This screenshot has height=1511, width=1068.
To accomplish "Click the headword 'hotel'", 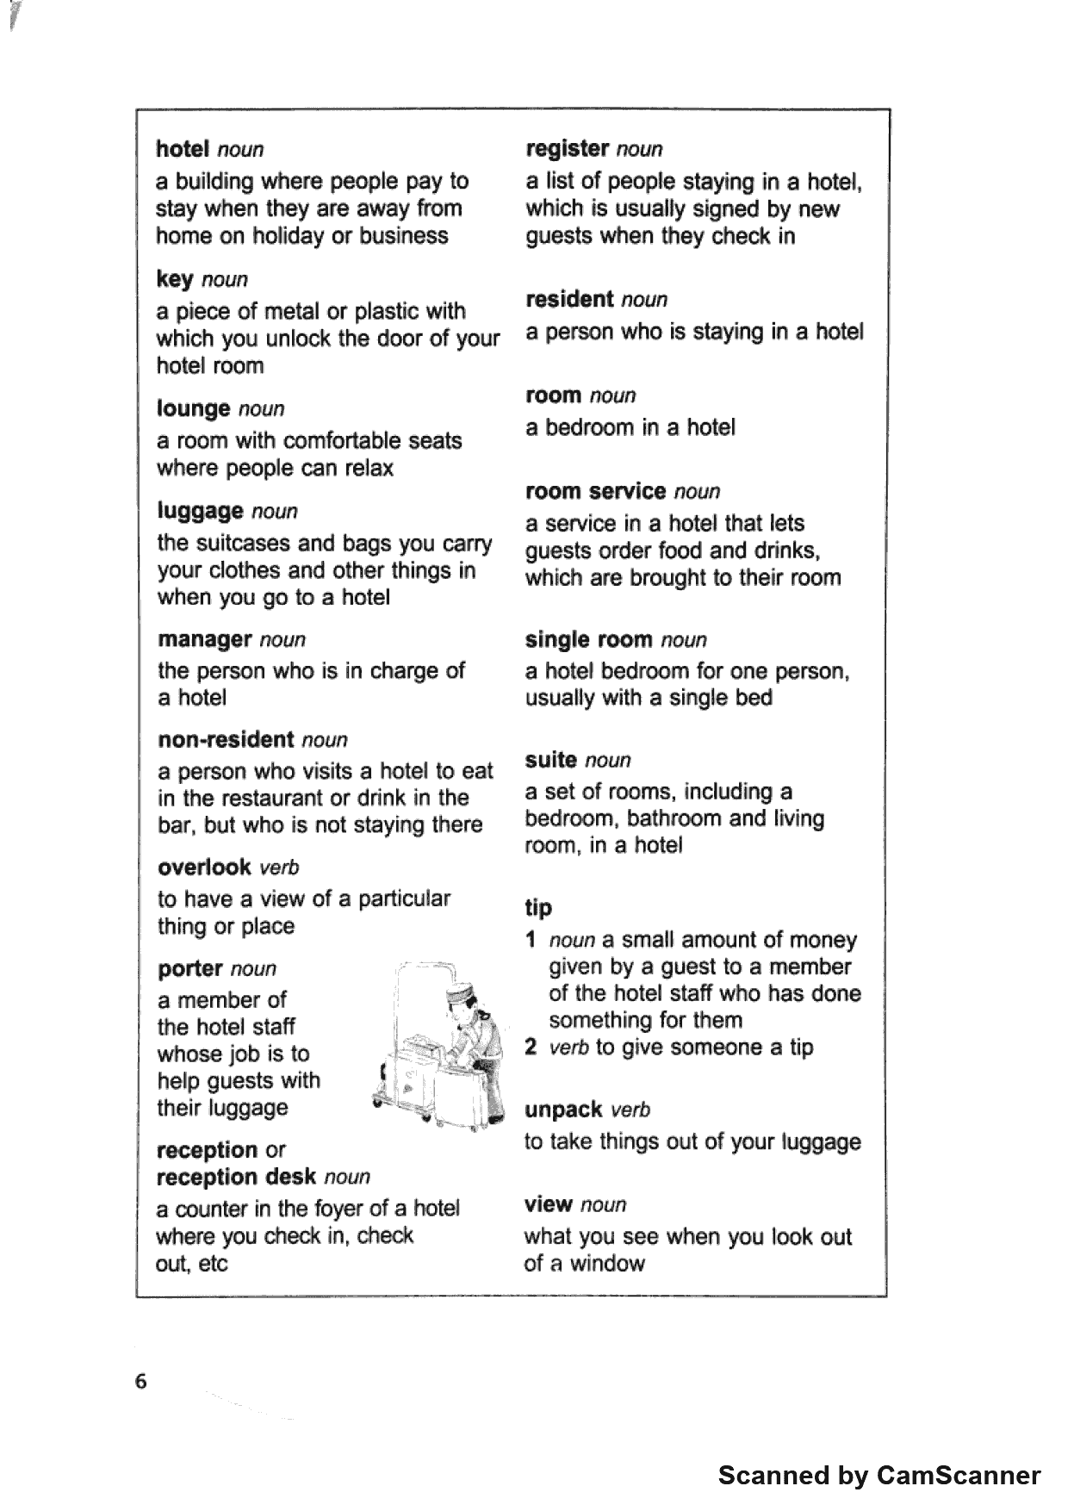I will point(183,149).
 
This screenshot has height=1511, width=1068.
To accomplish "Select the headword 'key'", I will point(174,280).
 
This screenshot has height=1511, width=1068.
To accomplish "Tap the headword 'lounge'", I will point(194,408).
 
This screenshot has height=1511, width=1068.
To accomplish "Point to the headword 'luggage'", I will point(201,512).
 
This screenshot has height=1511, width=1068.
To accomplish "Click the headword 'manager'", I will point(204,639).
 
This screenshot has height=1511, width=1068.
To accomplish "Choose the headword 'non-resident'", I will point(227,740).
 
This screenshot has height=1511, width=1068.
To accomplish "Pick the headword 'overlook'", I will point(204,867).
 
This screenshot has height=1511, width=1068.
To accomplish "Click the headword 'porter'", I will point(190,968).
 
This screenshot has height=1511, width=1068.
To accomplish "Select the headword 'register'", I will point(568,148).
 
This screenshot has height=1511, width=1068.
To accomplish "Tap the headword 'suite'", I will point(550,760).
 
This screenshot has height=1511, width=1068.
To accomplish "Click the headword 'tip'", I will point(538,907).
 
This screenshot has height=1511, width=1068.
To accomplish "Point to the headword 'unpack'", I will point(563,1110).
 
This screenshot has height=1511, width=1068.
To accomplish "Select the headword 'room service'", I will point(595,491).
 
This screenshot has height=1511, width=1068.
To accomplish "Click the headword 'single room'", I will point(588,639).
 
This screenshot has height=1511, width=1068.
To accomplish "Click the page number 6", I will point(141,1382).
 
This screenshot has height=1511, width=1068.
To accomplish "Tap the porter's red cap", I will point(459,996).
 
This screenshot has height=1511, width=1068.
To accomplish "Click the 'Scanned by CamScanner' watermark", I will point(879,1476).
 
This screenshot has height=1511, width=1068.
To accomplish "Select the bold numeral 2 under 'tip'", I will point(531,1048).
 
